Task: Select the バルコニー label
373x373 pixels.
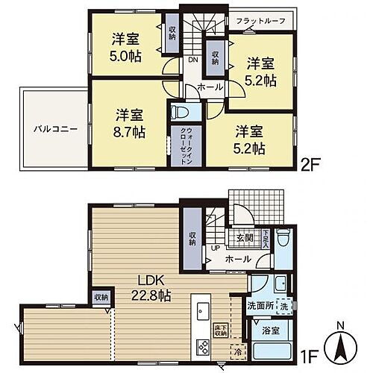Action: point(51,128)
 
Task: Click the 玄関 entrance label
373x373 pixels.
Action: point(245,237)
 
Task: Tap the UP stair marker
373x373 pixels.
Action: point(216,248)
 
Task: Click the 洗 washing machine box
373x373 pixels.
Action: point(285,305)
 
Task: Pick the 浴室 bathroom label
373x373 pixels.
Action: point(269,330)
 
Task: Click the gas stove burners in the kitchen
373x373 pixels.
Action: point(202,345)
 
